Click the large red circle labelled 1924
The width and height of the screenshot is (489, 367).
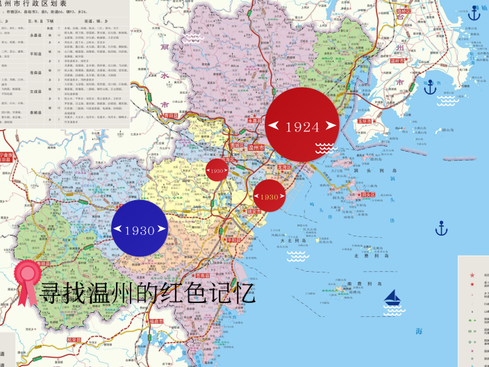(x=302, y=125)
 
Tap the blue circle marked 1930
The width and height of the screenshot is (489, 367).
(x=140, y=229)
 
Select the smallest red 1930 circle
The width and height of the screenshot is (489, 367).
(x=217, y=170)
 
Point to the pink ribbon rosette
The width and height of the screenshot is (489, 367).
(x=28, y=281)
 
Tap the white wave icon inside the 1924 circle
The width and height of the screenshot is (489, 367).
(x=324, y=147)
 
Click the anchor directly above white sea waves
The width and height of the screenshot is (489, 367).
(x=431, y=87)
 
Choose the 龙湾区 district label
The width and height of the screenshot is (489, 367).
(x=284, y=168)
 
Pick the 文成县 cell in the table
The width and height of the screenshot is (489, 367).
(x=36, y=90)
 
